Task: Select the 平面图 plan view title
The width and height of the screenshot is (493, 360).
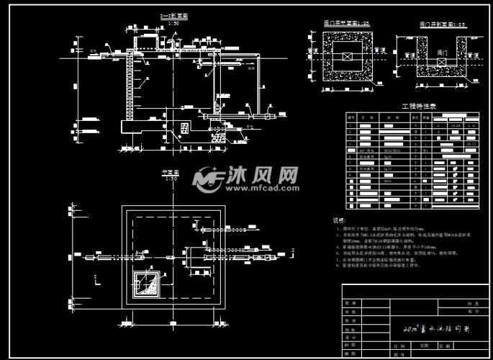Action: pyautogui.click(x=172, y=174)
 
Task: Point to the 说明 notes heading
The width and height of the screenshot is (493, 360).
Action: pyautogui.click(x=338, y=220)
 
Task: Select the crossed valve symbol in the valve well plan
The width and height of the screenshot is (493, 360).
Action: pyautogui.click(x=348, y=56)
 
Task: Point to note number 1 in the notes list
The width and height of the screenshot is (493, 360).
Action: pyautogui.click(x=338, y=228)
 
